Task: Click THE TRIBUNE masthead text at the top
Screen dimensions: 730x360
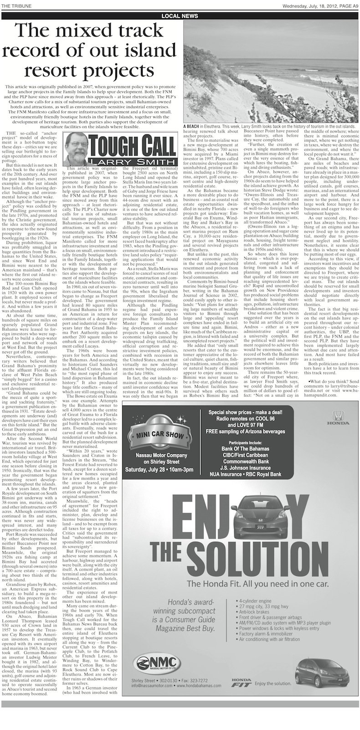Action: click(15, 5)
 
